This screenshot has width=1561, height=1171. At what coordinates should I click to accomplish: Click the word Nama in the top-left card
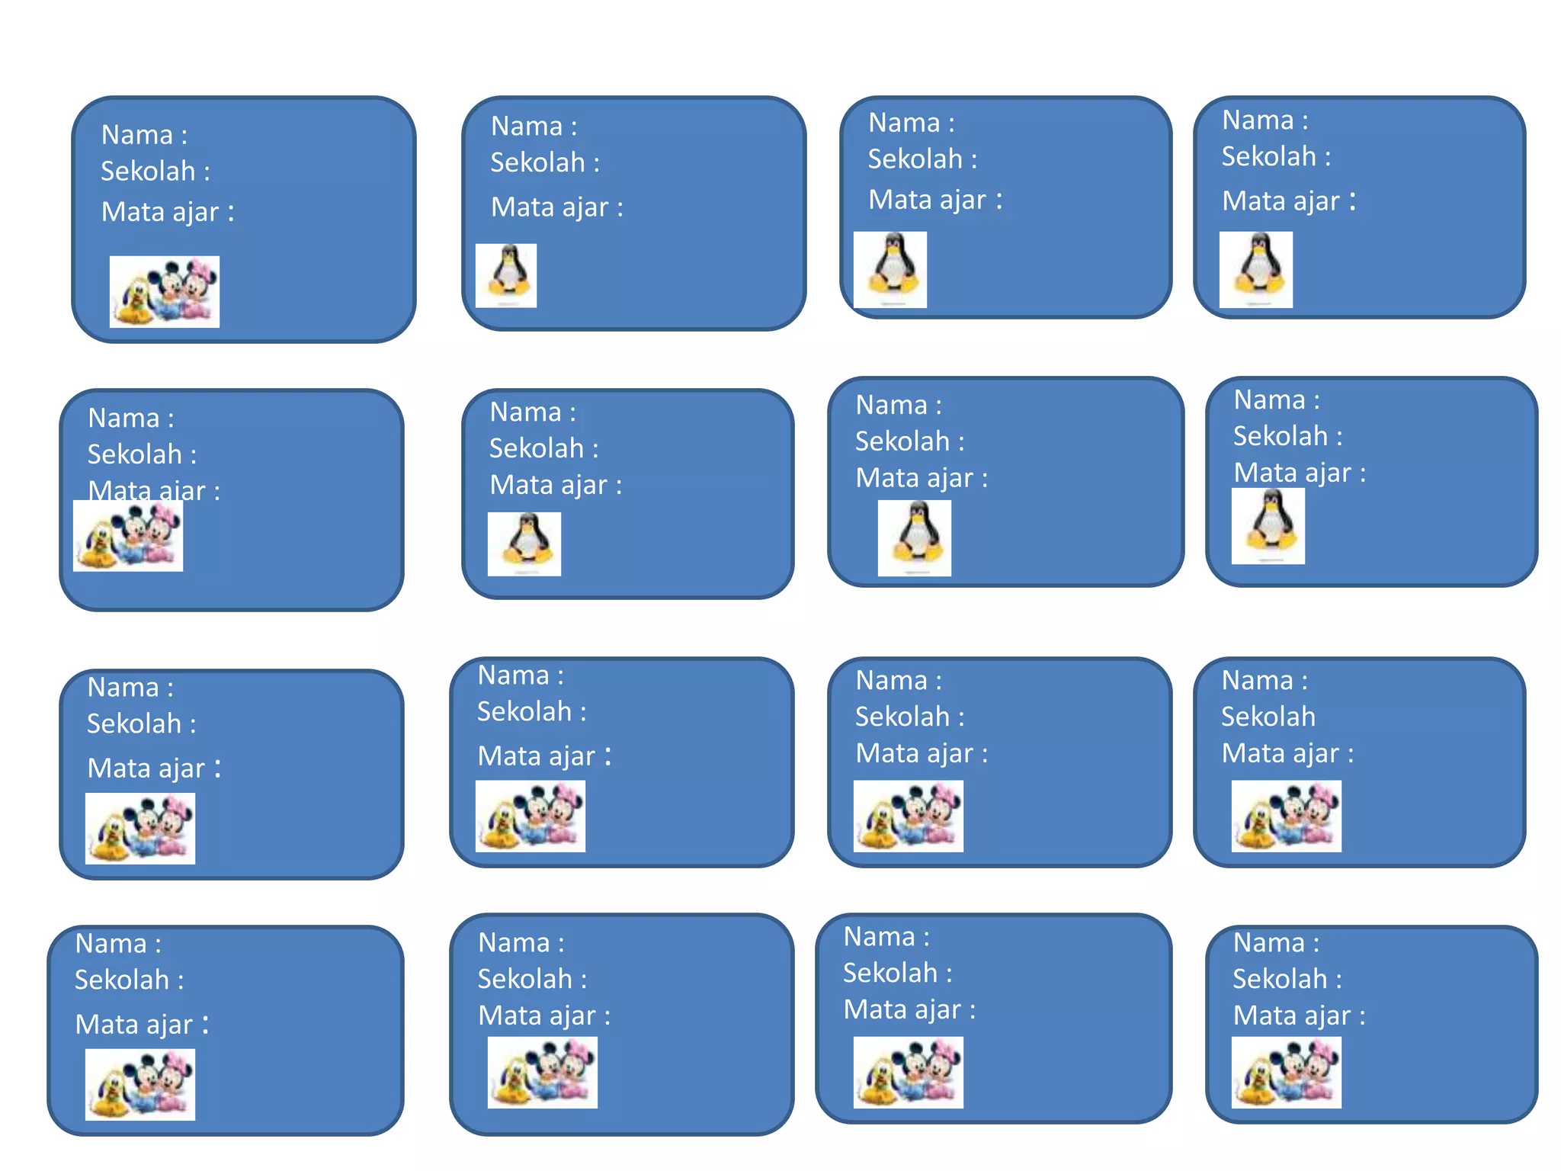click(x=137, y=135)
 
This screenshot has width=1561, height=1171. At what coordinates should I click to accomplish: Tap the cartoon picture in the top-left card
click(x=165, y=292)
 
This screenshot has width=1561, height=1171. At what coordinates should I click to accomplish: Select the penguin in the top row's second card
click(x=506, y=276)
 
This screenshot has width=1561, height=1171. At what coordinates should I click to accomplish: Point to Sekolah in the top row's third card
click(x=915, y=159)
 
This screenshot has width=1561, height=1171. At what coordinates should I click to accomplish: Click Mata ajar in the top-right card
click(x=1281, y=201)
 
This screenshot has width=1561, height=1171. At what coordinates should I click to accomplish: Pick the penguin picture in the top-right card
click(x=1256, y=270)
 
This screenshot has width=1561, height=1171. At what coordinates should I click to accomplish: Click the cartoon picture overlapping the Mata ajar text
click(x=128, y=536)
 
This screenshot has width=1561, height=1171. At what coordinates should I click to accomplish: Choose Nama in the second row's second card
click(x=525, y=412)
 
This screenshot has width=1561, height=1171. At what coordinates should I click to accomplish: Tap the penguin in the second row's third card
click(x=915, y=538)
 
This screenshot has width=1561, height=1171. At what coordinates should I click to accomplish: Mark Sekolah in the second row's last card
click(x=1281, y=436)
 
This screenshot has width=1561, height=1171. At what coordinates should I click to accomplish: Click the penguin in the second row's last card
click(x=1268, y=526)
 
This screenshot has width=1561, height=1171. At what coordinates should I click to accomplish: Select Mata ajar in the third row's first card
click(x=146, y=768)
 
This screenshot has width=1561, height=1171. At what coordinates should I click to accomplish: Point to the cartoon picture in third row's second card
click(x=530, y=816)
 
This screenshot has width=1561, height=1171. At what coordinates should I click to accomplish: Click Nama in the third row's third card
click(x=891, y=681)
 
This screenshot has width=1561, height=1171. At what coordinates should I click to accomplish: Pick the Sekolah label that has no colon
click(x=1268, y=717)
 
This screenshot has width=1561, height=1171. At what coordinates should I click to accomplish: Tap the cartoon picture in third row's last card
click(x=1287, y=816)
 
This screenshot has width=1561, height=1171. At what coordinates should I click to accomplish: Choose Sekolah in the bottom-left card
click(x=122, y=980)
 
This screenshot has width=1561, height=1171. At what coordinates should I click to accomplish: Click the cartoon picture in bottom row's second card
click(x=543, y=1073)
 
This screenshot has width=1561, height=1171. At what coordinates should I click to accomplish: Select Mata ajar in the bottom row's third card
click(x=902, y=1010)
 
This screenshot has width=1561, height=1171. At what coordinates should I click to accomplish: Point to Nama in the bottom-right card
click(x=1269, y=943)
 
